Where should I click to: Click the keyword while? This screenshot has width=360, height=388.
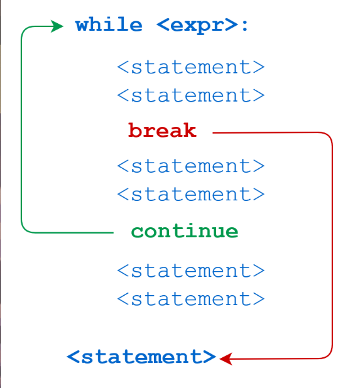tap(109, 24)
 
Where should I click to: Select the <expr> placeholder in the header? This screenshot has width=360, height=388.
tap(197, 26)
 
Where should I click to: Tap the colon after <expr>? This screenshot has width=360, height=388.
tap(244, 26)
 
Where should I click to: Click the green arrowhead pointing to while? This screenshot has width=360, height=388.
tap(57, 26)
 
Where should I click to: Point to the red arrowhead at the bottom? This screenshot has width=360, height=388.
tap(226, 358)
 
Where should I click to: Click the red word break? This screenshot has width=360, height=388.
tap(163, 130)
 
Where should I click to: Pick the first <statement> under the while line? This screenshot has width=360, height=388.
tap(191, 67)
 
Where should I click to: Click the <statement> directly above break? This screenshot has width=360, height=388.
tap(191, 95)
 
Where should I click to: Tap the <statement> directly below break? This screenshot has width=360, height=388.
tap(191, 166)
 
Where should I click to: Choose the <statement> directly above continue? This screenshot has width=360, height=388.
tap(191, 194)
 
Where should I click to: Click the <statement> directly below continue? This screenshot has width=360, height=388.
tap(191, 271)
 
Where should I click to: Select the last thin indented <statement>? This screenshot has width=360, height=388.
tap(191, 299)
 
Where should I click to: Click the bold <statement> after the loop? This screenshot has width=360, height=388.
tap(141, 357)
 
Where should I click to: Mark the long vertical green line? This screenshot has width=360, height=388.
tap(21, 129)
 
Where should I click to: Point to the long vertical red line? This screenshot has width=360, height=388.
tap(332, 245)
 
